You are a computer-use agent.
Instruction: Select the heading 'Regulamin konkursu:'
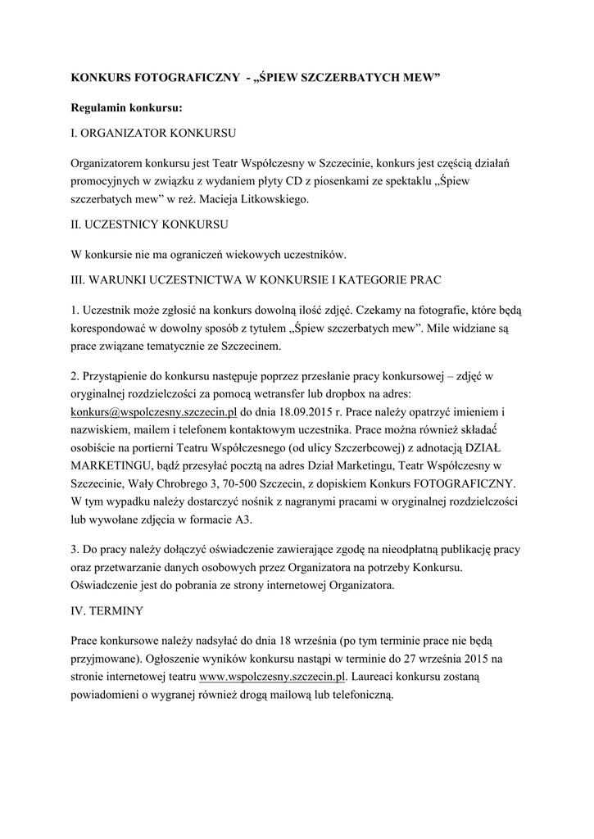(126, 107)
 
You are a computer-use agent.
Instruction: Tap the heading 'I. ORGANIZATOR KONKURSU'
(154, 132)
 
